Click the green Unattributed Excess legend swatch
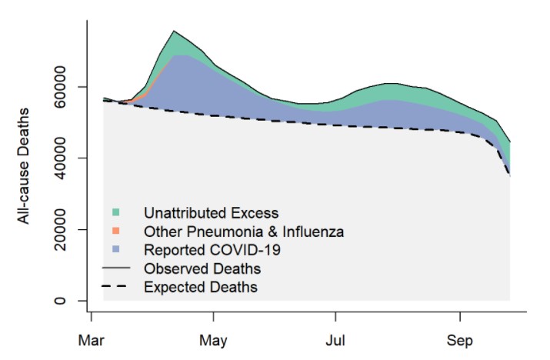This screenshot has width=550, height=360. coord(115,212)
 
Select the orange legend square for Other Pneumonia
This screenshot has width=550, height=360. coord(115,231)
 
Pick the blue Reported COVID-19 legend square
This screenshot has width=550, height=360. coord(115,250)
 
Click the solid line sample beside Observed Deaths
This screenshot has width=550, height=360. coord(116,268)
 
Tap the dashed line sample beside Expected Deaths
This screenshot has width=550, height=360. coord(116,287)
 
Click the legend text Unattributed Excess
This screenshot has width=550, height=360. coord(211,212)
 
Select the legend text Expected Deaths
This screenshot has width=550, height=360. coord(201,288)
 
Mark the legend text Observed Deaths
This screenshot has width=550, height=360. coord(202,269)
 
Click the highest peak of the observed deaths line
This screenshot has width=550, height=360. coord(175,31)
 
